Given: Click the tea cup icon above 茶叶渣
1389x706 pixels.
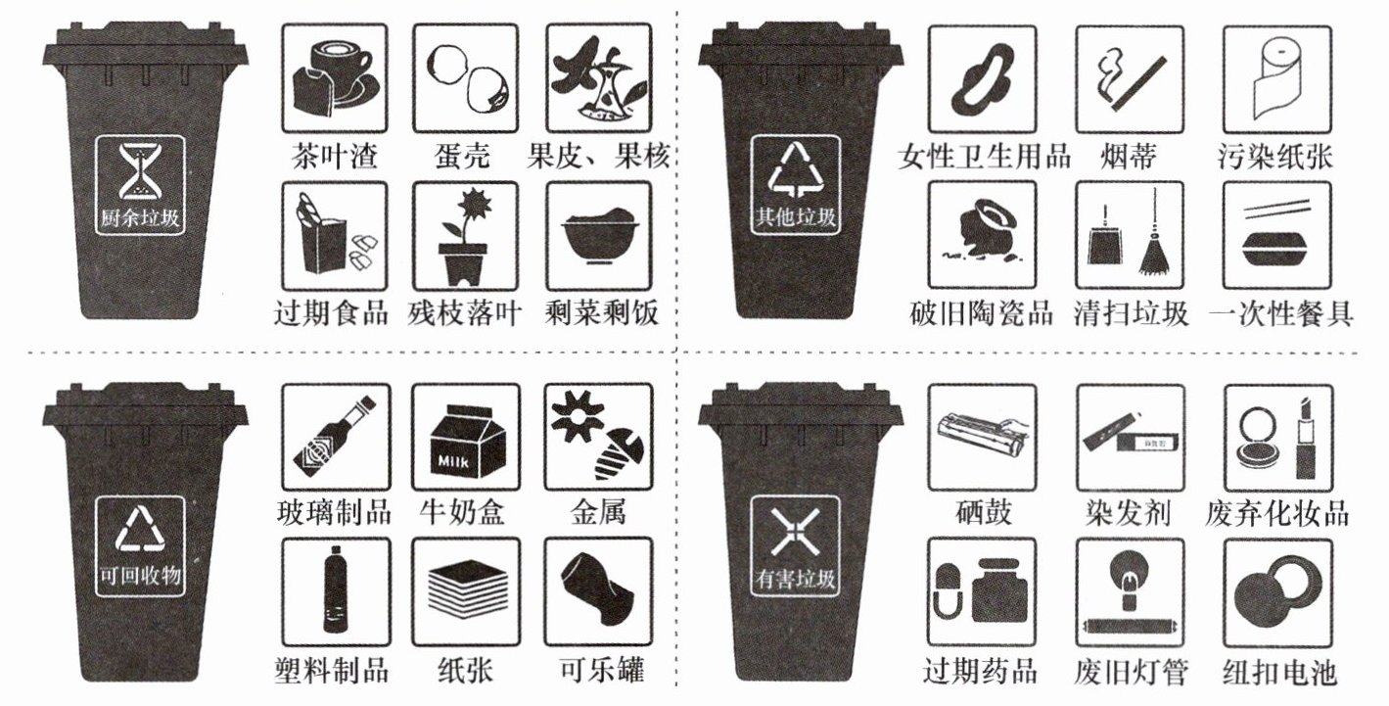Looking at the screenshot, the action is point(335,78).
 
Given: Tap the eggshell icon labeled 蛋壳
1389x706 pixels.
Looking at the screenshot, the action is point(466,78).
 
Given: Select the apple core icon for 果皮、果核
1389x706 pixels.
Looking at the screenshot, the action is point(599,78).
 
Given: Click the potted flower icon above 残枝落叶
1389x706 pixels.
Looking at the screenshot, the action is point(466,236).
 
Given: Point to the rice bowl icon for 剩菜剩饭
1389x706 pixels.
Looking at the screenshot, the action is point(599,236).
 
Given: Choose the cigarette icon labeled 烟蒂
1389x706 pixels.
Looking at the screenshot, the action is point(1130,78).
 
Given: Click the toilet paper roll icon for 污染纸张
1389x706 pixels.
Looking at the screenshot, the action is point(1277,78).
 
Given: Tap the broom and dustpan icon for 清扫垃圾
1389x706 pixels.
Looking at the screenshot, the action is point(1130,235).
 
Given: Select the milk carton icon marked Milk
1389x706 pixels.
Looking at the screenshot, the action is point(466,438).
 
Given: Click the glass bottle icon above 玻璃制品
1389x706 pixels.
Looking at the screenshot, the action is point(336,438).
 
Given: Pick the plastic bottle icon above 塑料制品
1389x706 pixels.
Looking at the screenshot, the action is point(336,591).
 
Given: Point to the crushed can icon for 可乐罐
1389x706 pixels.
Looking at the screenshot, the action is point(598,591).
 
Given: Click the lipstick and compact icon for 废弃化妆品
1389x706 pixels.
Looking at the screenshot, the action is point(1278,438).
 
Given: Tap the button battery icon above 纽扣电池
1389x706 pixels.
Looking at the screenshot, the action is point(1278,593).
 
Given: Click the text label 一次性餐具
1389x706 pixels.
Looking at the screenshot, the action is point(1281,314).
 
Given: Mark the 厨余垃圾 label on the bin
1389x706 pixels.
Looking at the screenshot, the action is point(140,217).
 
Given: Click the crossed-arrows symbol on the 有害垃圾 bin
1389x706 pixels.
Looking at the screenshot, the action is point(796,532).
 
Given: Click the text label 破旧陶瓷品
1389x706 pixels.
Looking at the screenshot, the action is point(982,314).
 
